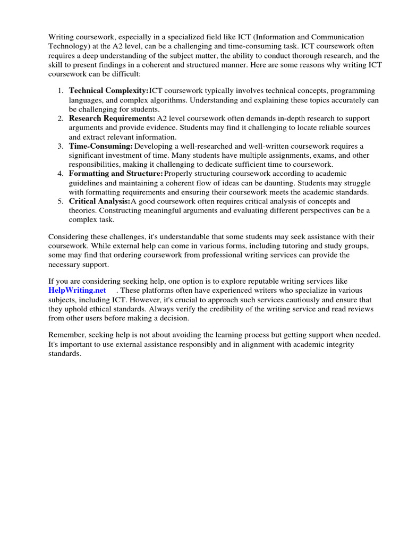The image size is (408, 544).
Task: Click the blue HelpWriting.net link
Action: point(77,291)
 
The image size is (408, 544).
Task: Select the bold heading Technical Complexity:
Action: point(108,91)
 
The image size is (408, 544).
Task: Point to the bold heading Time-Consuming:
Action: point(101,146)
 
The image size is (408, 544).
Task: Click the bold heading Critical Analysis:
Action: point(99,201)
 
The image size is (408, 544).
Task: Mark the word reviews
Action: point(360,309)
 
